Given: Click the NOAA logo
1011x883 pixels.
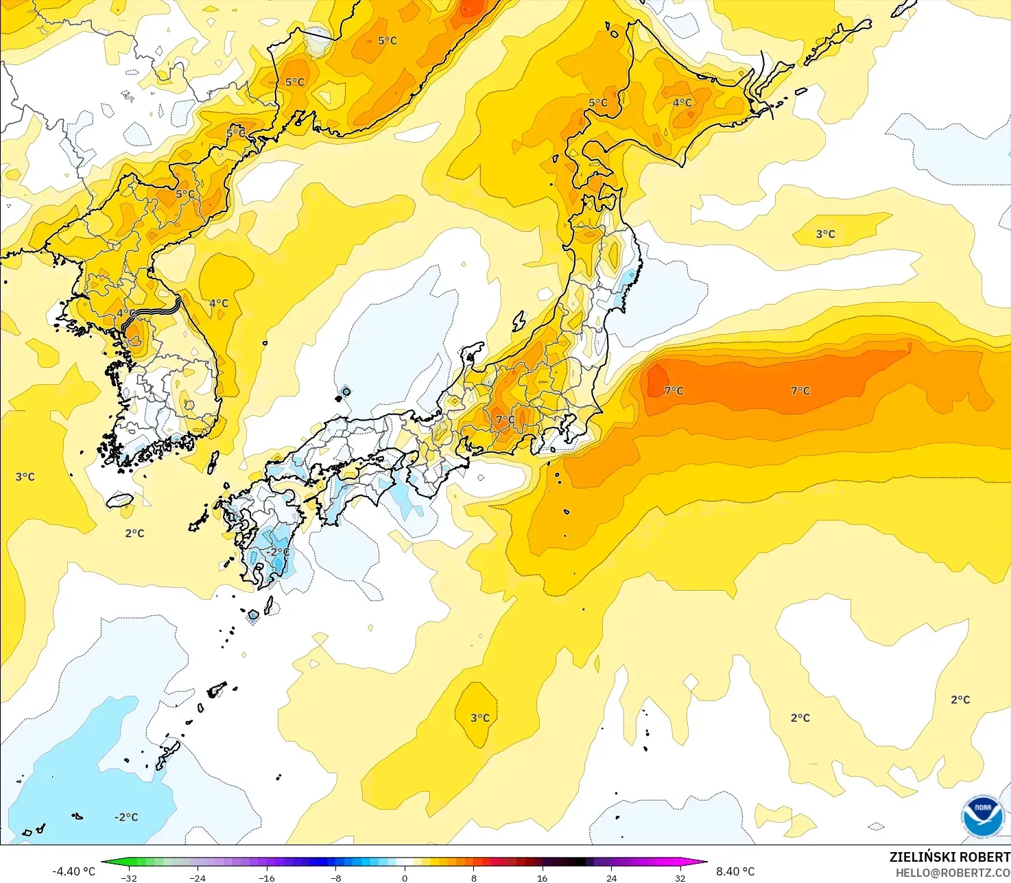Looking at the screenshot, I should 982,816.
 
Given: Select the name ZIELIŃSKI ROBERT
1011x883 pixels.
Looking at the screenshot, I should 949,857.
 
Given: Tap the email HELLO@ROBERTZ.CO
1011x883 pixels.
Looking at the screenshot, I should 953,873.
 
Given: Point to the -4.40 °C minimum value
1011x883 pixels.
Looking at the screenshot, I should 73,871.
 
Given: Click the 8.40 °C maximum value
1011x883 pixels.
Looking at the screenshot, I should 735,871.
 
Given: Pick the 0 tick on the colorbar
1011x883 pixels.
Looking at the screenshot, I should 405,878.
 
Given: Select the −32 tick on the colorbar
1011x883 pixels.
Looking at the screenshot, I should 128,878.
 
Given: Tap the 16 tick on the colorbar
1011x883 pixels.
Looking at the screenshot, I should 543,878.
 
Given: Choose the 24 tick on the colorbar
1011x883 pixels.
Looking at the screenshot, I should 611,878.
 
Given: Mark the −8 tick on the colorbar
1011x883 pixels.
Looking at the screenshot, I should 335,878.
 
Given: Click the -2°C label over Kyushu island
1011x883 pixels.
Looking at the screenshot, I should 277,552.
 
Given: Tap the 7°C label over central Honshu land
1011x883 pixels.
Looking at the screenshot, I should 506,420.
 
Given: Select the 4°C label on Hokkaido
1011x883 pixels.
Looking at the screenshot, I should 682,103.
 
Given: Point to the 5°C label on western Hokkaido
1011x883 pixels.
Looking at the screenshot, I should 597,103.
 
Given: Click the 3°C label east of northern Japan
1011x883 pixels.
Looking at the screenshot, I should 825,235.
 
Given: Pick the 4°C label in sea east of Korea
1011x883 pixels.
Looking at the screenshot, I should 219,303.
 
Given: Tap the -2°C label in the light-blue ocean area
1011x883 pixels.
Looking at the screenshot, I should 126,817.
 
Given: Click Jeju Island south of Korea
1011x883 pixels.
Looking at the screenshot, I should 121,500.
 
